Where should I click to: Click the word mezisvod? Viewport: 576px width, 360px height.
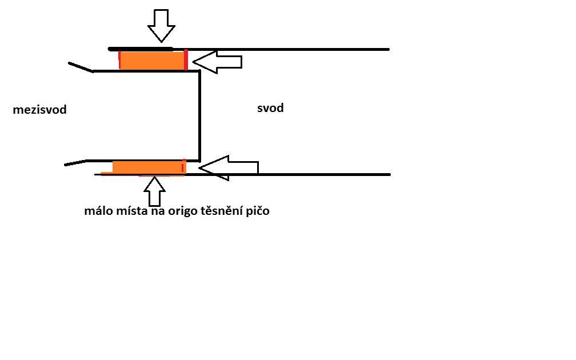39,110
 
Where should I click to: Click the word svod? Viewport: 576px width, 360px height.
270,107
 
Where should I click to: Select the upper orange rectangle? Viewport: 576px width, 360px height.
152,61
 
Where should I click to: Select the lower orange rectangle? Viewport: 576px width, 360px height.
149,167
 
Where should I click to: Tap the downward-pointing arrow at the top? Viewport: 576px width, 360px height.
161,26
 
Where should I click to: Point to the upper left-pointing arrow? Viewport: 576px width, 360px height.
217,62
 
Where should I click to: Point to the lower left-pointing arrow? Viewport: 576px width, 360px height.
229,168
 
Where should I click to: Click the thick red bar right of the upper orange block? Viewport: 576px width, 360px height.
186,59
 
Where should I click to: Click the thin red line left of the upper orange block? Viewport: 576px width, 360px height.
119,60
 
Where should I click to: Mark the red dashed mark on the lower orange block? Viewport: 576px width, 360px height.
183,166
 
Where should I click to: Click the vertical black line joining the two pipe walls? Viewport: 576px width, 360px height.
200,116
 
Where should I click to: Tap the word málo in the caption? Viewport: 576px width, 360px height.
98,210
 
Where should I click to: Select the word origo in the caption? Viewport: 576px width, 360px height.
183,211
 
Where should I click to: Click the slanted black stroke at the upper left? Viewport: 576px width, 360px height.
81,67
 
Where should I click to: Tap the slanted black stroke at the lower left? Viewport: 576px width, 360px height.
75,163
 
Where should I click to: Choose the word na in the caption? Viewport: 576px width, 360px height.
158,211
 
